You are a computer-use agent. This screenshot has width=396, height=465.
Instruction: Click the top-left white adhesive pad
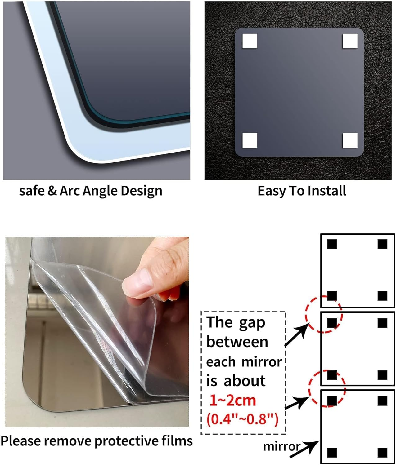tap(250, 41)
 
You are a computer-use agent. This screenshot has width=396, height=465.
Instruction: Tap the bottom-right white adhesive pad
tap(350, 140)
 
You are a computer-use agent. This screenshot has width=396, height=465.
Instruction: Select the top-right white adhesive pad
tap(350, 41)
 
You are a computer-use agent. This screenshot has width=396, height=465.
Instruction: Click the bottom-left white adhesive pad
tap(250, 140)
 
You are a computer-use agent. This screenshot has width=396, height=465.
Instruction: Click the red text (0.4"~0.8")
tap(242, 419)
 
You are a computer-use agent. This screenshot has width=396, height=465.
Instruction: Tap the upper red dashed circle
tap(324, 314)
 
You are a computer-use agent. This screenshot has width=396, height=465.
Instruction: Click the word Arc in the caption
tap(70, 191)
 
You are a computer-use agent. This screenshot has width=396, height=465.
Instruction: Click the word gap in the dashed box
tap(252, 323)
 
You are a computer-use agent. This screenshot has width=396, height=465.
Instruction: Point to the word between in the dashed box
tap(237, 342)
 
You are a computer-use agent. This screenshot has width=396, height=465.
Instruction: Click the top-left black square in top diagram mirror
tap(332, 244)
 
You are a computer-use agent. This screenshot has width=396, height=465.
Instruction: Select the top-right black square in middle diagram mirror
tap(383, 323)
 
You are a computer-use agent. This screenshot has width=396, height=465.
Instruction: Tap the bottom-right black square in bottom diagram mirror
tap(383, 452)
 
